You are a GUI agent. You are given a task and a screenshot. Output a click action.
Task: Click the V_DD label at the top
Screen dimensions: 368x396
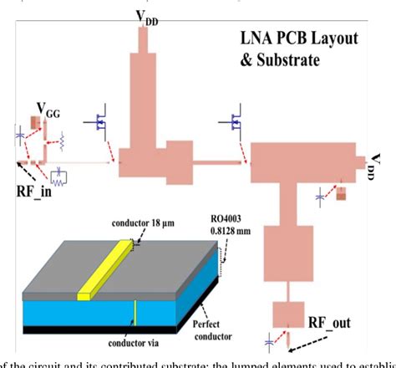point(145,17)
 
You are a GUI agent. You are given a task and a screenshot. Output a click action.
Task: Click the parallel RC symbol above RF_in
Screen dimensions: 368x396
point(58,175)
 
